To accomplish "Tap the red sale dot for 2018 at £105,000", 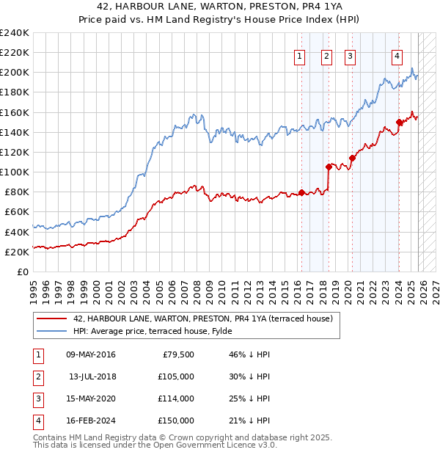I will pos(329,167).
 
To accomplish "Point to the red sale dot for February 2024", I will pos(399,122).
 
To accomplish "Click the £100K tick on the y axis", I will pos(15,172).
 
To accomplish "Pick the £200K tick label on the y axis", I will pos(15,73).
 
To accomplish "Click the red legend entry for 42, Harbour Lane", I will pos(203,318).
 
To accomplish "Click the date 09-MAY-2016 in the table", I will pos(90,354).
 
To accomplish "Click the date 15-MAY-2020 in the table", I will pos(90,398).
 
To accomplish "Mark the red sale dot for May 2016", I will pos(301,193).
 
